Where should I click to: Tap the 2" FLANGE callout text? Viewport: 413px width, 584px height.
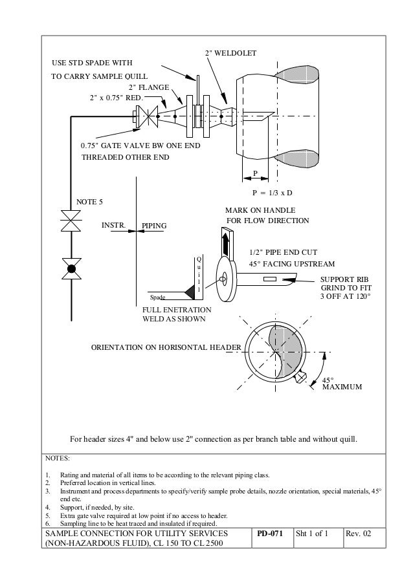coord(149,87)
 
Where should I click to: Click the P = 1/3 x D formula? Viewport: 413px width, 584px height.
coord(272,193)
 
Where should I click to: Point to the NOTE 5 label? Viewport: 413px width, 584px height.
coord(90,202)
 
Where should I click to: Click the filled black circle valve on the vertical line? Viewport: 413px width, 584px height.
coord(71,268)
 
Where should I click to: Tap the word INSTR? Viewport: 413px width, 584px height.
coord(113,226)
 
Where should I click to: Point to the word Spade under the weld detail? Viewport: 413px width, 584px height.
coord(158,298)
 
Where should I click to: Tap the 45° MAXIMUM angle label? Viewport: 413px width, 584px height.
coord(341,384)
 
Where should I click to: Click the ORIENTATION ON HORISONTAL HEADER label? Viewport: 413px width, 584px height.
coord(165,348)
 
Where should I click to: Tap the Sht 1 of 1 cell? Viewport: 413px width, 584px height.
coord(314,534)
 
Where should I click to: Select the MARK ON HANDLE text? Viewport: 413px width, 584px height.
coord(260,211)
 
